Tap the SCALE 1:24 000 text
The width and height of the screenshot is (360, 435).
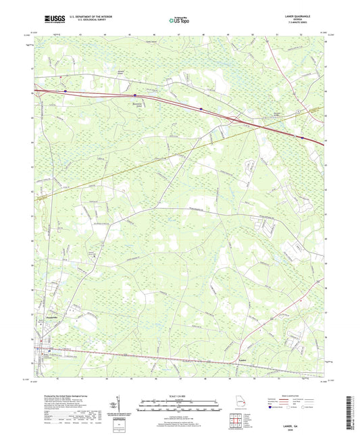[x=179, y=394]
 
